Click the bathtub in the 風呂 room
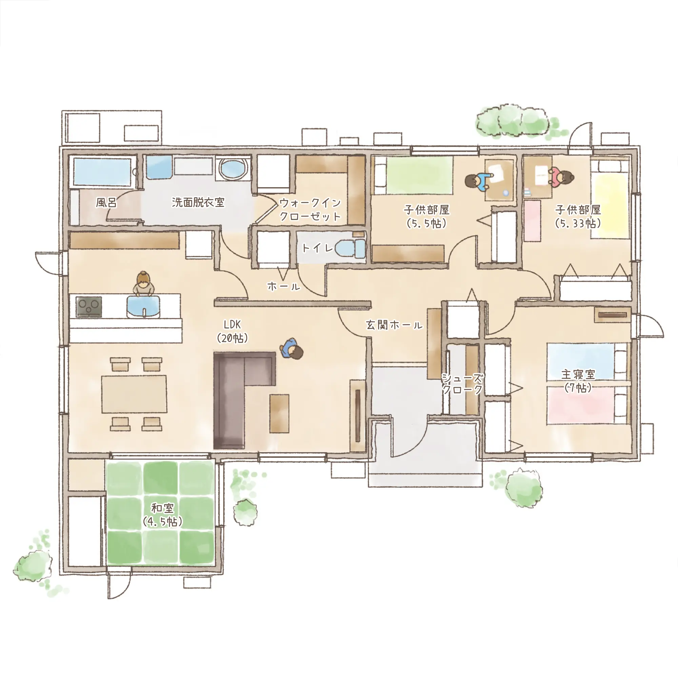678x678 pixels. click(102, 171)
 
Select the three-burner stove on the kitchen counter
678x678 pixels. click(89, 307)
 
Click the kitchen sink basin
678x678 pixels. click(143, 307)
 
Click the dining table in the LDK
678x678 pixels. click(134, 394)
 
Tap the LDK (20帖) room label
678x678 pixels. click(232, 331)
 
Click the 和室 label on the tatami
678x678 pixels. click(162, 508)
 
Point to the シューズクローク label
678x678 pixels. click(462, 384)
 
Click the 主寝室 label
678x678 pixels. click(578, 375)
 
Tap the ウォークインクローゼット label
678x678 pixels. click(310, 210)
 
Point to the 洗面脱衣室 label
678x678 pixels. click(198, 202)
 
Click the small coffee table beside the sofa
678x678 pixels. click(279, 413)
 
